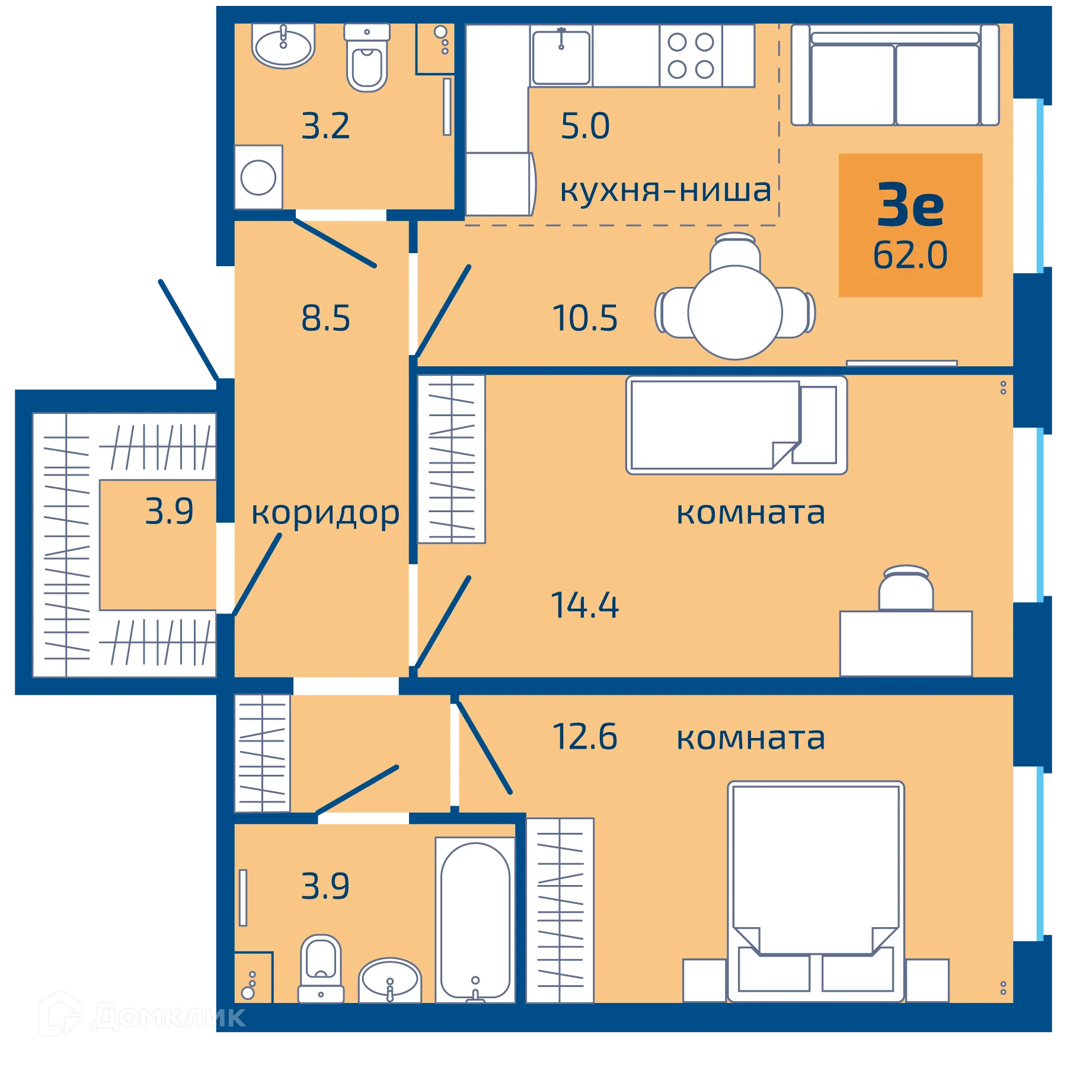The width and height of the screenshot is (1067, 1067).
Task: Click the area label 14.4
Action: [x=584, y=605]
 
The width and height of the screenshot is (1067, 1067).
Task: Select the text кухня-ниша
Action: [x=665, y=190]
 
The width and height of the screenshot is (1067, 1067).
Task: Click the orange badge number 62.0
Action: [x=910, y=255]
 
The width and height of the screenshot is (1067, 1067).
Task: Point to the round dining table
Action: [x=735, y=312]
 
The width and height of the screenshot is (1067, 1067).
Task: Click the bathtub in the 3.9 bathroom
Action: [x=475, y=919]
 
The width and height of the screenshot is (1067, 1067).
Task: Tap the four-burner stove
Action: [x=691, y=56]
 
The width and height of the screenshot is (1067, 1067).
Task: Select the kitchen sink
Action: [x=561, y=57]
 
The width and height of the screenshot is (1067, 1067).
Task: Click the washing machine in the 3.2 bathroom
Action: [x=258, y=177]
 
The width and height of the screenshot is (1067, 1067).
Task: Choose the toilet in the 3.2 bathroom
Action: [x=367, y=57]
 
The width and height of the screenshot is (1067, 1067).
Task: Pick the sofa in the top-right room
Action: [x=895, y=75]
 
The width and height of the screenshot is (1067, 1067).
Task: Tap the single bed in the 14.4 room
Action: [x=736, y=425]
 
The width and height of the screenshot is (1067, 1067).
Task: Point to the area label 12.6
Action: [x=584, y=737]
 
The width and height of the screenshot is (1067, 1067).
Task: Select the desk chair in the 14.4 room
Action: [x=906, y=588]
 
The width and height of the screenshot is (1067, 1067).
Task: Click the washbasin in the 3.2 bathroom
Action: [x=283, y=46]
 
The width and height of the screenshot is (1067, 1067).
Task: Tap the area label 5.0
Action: [x=585, y=126]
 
